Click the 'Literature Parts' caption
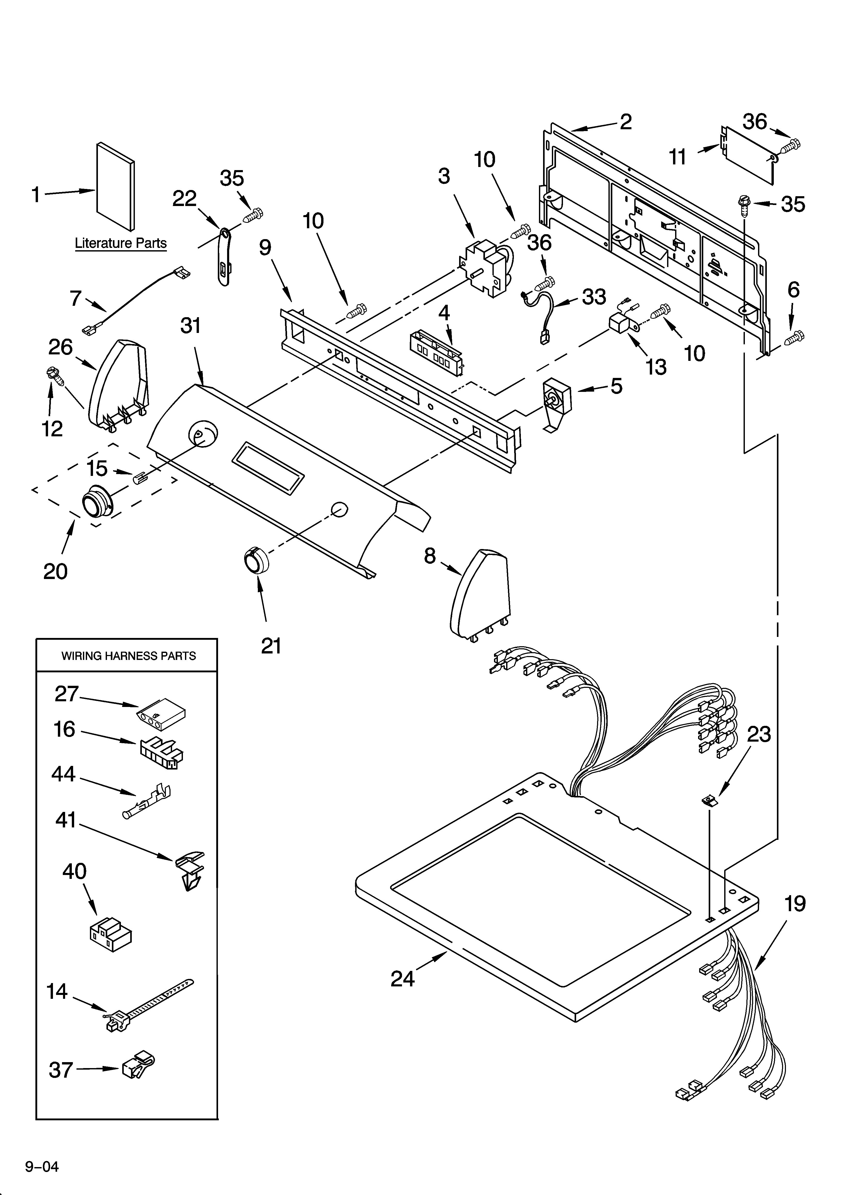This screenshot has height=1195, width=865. point(121,243)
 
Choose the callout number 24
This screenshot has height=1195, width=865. point(403,979)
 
